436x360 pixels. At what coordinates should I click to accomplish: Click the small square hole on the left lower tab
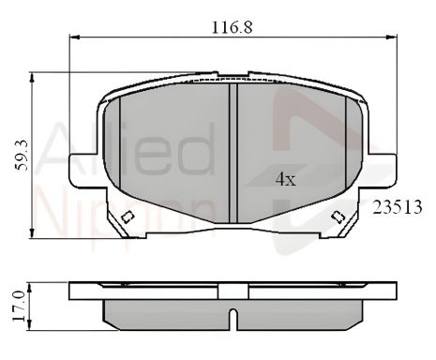click(x=128, y=218)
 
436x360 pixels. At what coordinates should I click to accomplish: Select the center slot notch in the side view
click(x=233, y=315)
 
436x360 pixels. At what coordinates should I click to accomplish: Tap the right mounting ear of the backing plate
click(x=379, y=170)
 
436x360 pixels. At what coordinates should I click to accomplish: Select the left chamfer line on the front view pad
click(x=121, y=150)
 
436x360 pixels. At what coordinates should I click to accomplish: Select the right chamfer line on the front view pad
click(x=346, y=150)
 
